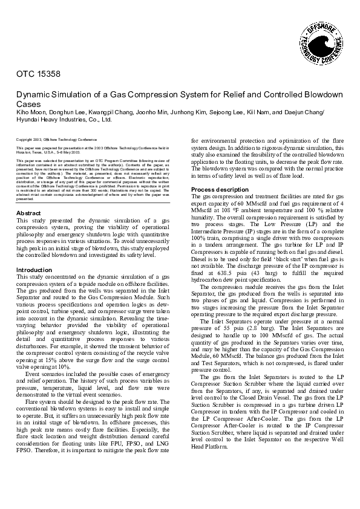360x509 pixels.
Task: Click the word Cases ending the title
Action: pyautogui.click(x=28, y=104)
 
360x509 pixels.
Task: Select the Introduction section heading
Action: pyautogui.click(x=34, y=270)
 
